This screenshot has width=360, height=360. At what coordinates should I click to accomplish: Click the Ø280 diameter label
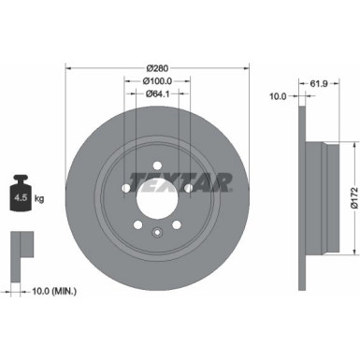coord(158,70)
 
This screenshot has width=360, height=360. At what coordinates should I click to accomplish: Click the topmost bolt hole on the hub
coord(158,156)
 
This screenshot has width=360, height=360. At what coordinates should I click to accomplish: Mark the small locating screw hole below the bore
coord(158,235)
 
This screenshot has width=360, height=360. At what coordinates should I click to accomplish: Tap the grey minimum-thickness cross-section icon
coord(20,245)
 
